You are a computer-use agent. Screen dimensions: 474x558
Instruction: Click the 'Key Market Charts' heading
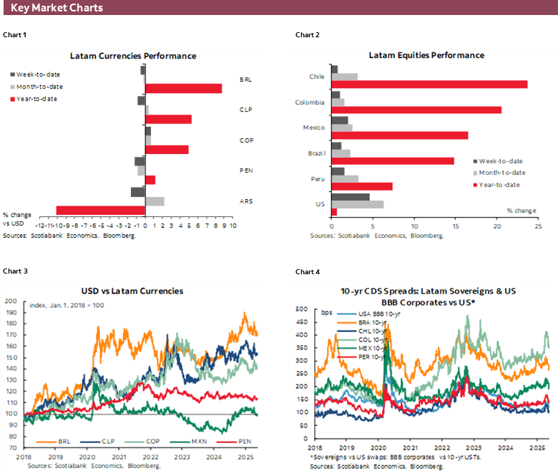pyautogui.click(x=57, y=8)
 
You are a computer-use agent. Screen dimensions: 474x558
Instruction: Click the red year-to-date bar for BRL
pyautogui.click(x=183, y=88)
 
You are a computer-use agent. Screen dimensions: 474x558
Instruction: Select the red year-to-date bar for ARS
pyautogui.click(x=100, y=211)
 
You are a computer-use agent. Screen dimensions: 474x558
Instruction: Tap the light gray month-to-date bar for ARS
pyautogui.click(x=155, y=201)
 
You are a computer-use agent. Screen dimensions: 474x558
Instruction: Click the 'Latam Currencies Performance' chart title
pyautogui.click(x=133, y=56)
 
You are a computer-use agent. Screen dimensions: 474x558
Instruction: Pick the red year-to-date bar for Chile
pyautogui.click(x=429, y=84)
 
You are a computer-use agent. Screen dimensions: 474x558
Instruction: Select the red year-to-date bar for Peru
pyautogui.click(x=362, y=186)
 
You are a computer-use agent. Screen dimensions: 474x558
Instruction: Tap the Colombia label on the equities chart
pyautogui.click(x=310, y=102)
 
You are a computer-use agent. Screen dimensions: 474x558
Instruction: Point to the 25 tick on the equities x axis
pyautogui.click(x=538, y=226)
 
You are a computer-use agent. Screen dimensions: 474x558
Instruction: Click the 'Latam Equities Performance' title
pyautogui.click(x=426, y=55)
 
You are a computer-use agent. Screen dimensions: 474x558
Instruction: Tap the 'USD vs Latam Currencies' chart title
pyautogui.click(x=133, y=291)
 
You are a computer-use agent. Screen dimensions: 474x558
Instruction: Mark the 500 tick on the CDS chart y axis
pyautogui.click(x=301, y=309)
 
